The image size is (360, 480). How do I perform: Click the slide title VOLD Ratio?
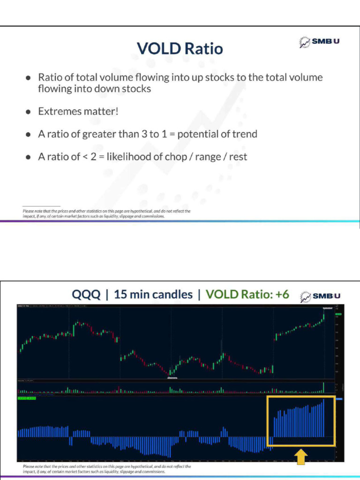(x=180, y=48)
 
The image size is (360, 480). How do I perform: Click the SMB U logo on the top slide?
(x=320, y=42)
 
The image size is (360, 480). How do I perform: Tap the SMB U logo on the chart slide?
(x=320, y=296)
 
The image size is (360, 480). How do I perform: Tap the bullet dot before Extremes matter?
(x=29, y=112)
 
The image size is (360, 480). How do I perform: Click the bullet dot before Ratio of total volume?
(x=29, y=78)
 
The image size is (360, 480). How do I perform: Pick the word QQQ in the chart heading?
(x=86, y=294)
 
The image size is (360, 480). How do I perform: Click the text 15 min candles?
(x=153, y=294)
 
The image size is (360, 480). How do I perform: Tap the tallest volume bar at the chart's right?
(x=324, y=387)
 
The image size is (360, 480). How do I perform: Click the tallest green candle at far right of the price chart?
(x=323, y=317)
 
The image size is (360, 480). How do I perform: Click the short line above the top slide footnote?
(x=41, y=206)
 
